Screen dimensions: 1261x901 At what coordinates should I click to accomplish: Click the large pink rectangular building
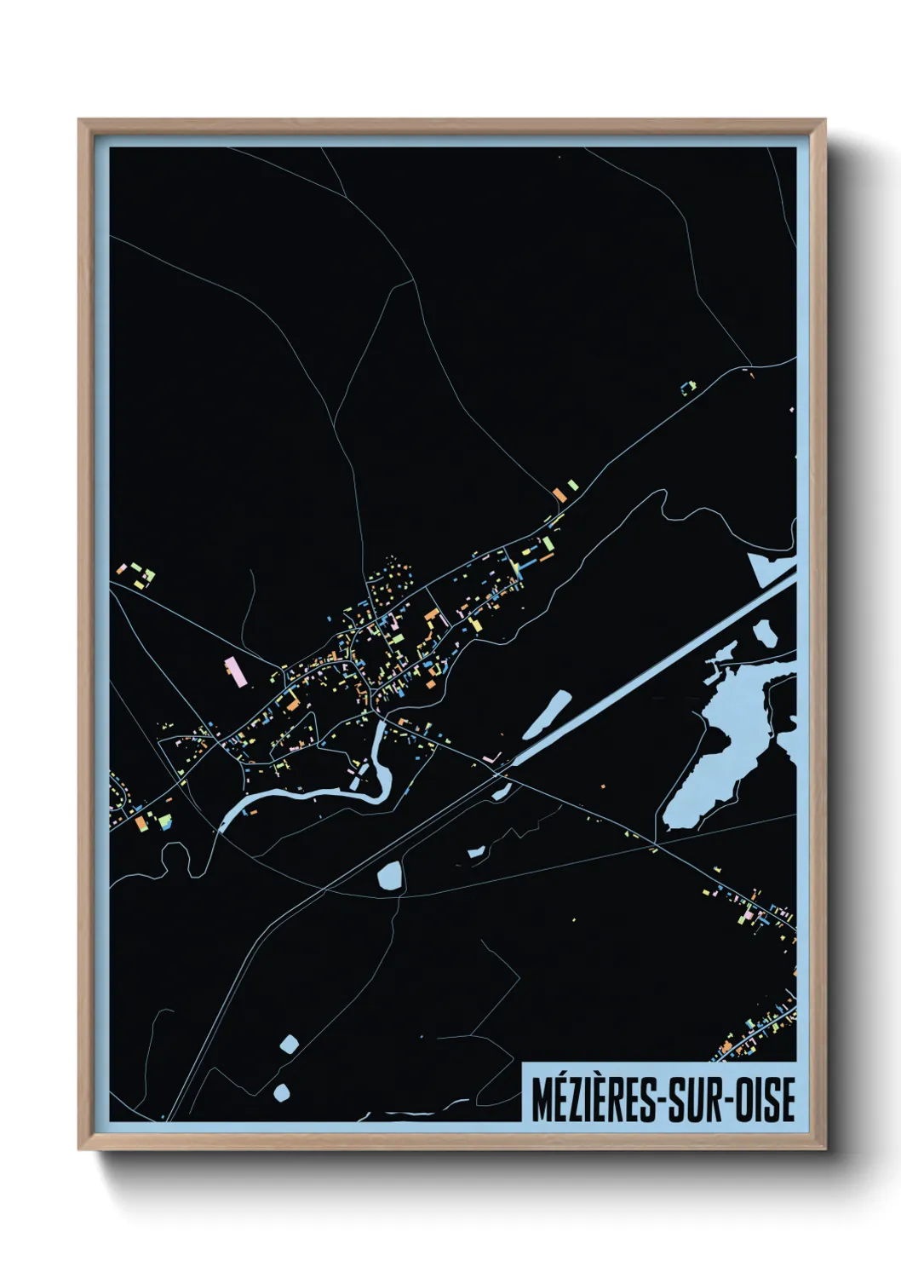[235, 671]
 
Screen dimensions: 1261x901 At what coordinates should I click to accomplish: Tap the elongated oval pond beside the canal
[546, 714]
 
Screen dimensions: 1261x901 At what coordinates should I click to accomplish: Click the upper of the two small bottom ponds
[290, 1045]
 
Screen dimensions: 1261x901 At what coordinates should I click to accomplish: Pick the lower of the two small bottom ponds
[281, 1091]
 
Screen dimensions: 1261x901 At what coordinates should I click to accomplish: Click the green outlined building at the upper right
[688, 389]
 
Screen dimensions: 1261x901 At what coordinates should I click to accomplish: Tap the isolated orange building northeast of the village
[560, 493]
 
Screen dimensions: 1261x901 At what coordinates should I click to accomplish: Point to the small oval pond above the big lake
[765, 632]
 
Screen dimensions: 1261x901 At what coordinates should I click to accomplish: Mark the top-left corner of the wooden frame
[79, 120]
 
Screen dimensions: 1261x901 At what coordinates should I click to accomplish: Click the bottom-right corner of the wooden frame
[824, 1149]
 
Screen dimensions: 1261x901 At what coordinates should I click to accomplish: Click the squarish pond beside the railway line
[390, 874]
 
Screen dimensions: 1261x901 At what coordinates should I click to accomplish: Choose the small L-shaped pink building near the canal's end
[491, 757]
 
